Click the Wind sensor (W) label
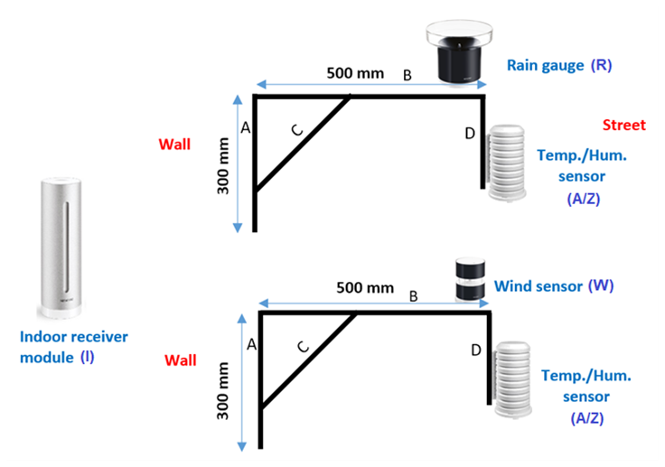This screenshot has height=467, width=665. (554, 286)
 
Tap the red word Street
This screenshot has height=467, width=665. (623, 125)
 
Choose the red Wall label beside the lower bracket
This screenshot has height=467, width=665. (180, 360)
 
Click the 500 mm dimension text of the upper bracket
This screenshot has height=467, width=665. (355, 73)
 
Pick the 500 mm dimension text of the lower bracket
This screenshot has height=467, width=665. (365, 288)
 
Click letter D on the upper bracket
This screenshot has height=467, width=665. (469, 134)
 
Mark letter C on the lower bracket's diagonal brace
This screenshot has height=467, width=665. (303, 345)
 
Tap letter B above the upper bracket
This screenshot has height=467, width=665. (407, 76)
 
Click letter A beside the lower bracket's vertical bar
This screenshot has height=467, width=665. (252, 344)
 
